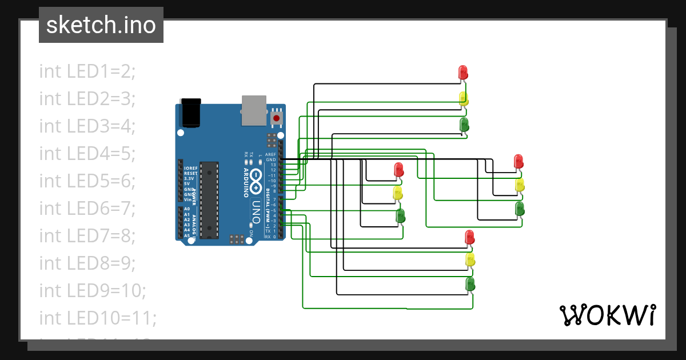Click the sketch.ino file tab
tap(101, 25)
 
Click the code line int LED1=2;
tap(87, 71)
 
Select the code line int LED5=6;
tap(87, 181)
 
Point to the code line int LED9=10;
tap(93, 290)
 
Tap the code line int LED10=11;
tap(98, 318)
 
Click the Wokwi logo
tap(607, 315)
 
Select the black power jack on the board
tap(190, 113)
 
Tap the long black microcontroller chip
tap(210, 199)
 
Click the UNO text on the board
tap(257, 211)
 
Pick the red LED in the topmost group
tap(464, 73)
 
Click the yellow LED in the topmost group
tap(464, 99)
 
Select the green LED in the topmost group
tap(464, 125)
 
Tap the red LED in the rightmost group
tap(519, 161)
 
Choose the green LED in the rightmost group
tap(520, 209)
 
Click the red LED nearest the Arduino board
tap(399, 170)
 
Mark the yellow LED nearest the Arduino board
tap(398, 193)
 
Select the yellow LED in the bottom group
tap(470, 260)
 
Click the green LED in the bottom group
tap(470, 284)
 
